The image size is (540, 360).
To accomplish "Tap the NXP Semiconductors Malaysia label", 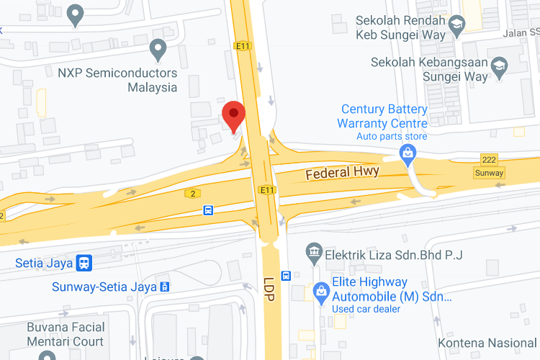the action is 117,80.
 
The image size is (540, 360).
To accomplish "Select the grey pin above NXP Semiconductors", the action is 158,50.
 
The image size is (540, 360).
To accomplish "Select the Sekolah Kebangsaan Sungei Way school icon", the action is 499,65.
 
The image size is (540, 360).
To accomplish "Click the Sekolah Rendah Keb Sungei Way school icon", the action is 456,27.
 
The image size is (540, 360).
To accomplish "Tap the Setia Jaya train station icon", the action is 84,263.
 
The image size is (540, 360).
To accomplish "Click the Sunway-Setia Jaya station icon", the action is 166,287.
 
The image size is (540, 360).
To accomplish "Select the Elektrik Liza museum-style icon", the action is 314,253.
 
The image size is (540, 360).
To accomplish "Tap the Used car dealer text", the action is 366,309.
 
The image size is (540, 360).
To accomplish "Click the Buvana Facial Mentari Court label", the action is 66,334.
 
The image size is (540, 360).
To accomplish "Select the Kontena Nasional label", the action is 489,343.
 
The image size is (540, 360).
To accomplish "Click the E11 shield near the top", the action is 242,45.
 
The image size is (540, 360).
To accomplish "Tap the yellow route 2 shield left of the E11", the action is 192,193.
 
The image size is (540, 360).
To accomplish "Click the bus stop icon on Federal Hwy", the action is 208,210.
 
